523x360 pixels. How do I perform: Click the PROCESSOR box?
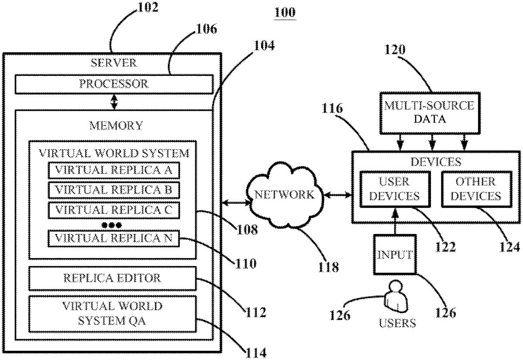click(x=114, y=84)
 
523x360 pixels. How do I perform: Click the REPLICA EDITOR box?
click(x=112, y=278)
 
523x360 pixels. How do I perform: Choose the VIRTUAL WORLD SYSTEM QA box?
click(x=112, y=313)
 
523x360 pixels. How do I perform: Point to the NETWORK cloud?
click(x=284, y=195)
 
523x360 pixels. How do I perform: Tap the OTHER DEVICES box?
click(x=475, y=189)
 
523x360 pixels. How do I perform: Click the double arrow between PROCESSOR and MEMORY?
click(x=114, y=102)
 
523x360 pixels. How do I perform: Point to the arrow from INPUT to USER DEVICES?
click(x=395, y=221)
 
